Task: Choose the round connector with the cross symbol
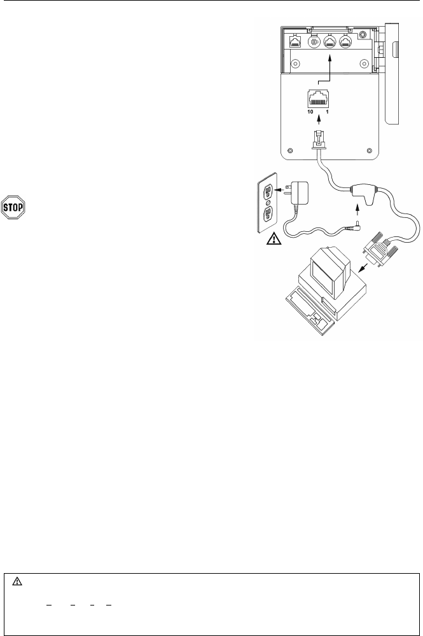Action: (314, 43)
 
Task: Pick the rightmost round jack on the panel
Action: (346, 43)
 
